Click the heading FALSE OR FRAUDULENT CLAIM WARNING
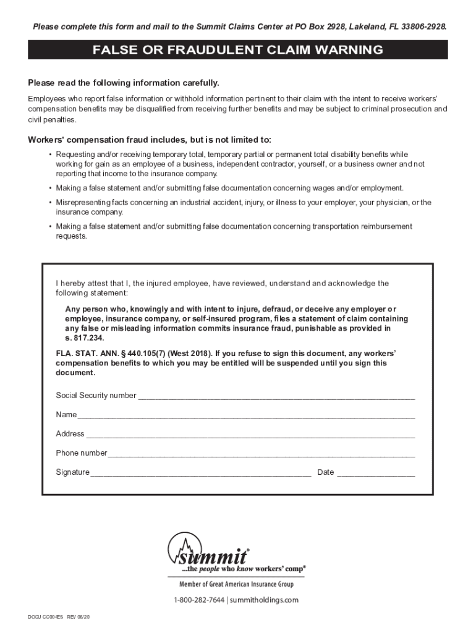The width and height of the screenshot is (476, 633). [238, 50]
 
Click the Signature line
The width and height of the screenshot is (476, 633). [200, 474]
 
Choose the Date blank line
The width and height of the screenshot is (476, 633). [376, 474]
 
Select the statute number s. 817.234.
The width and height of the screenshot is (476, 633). [85, 339]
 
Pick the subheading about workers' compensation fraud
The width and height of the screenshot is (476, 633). [150, 139]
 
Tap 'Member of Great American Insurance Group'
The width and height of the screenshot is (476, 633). [237, 584]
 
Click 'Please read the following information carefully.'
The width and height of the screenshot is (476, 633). [124, 83]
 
